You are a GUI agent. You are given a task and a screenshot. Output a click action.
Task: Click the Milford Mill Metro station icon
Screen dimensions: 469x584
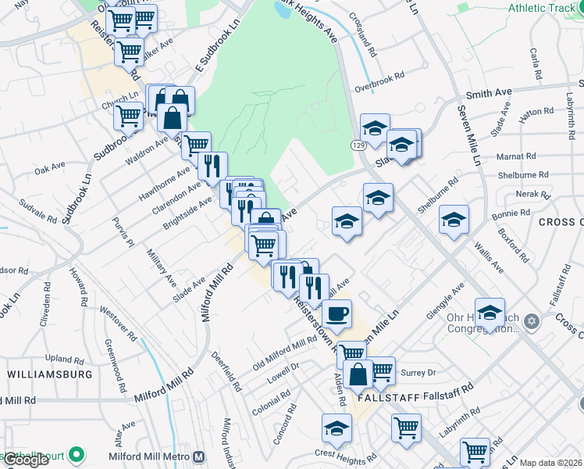tap(199, 456)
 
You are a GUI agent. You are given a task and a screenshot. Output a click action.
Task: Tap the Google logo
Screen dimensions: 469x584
tap(26, 460)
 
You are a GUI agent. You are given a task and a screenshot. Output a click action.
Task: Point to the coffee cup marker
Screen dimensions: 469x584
tap(337, 314)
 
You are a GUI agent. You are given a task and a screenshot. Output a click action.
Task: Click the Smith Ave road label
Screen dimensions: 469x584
tap(489, 93)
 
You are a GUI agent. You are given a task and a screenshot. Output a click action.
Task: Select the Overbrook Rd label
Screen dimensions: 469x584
tap(379, 81)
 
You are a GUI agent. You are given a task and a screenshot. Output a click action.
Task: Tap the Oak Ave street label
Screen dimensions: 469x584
tap(49, 168)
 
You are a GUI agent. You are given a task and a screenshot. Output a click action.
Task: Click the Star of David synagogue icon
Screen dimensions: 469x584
tap(532, 321)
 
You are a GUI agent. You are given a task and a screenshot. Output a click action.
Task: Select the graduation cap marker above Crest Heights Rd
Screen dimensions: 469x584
tap(337, 428)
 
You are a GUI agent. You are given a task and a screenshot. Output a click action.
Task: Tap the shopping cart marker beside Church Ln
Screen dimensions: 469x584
tap(128, 116)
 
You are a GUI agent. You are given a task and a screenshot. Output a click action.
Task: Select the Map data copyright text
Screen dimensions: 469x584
tap(550, 463)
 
